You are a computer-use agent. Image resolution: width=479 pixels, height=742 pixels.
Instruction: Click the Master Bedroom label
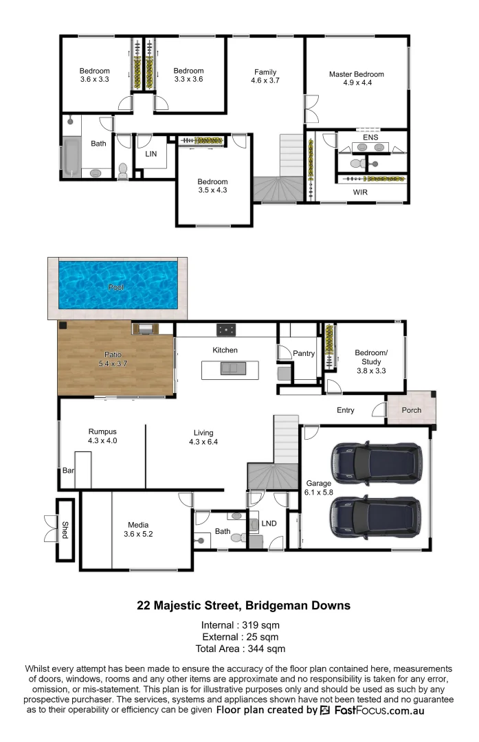click(x=356, y=74)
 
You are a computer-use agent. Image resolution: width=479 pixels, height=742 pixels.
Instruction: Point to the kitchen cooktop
click(x=225, y=330)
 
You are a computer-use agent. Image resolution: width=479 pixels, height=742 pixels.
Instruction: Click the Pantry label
click(x=303, y=354)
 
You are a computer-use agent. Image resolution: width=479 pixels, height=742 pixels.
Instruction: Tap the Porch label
click(x=412, y=410)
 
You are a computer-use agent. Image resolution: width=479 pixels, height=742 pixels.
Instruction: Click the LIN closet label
click(x=151, y=154)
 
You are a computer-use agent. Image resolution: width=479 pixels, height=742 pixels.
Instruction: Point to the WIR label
click(x=360, y=192)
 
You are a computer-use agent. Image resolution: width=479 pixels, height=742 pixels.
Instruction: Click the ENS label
click(x=370, y=137)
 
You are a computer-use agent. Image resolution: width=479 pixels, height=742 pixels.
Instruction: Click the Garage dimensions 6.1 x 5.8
click(x=318, y=492)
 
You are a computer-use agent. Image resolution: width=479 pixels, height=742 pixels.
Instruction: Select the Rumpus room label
click(x=102, y=431)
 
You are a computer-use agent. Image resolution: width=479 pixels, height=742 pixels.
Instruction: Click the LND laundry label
click(x=269, y=524)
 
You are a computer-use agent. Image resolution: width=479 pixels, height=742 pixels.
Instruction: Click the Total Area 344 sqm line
click(x=240, y=648)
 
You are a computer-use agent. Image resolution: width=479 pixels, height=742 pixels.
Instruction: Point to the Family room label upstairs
click(x=265, y=71)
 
